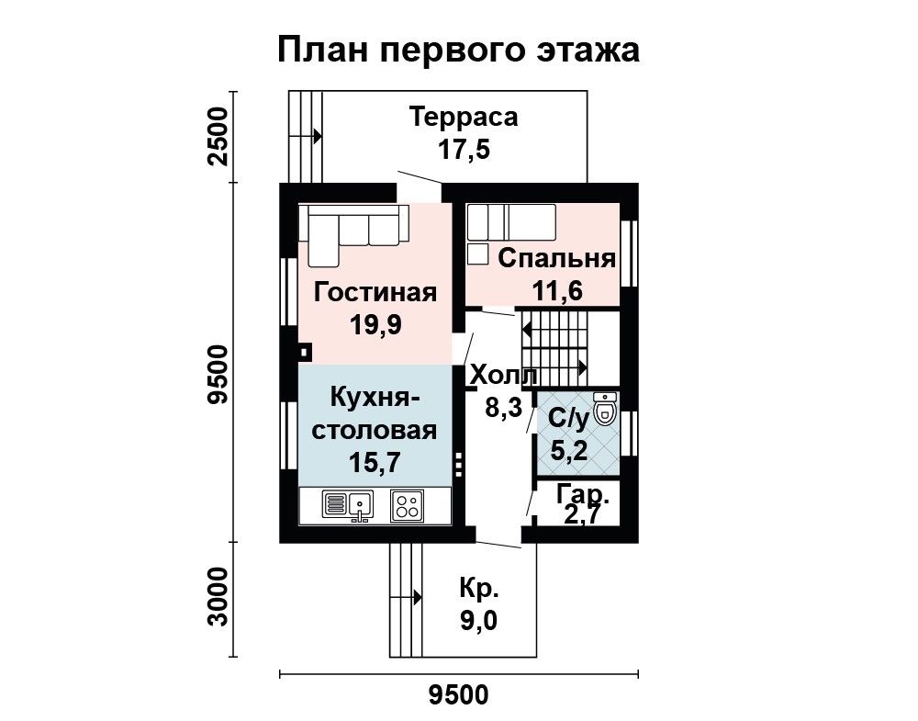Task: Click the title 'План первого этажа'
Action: tap(458, 50)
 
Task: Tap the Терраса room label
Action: tap(464, 117)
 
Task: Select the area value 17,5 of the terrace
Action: tap(464, 150)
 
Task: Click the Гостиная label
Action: tap(375, 292)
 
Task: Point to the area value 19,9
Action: tap(375, 324)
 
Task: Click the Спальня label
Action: tap(557, 258)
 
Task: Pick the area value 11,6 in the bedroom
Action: tap(557, 290)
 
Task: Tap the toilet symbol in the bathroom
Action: tap(605, 408)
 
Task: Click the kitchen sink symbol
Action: tap(347, 505)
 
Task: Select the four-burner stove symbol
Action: tap(407, 505)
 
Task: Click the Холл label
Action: tap(504, 376)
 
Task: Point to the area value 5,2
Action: tap(569, 451)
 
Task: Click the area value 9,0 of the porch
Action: tap(479, 621)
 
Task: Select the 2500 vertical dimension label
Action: tap(218, 137)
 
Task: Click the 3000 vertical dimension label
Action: tap(218, 596)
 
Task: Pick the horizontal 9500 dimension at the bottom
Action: tap(458, 695)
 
